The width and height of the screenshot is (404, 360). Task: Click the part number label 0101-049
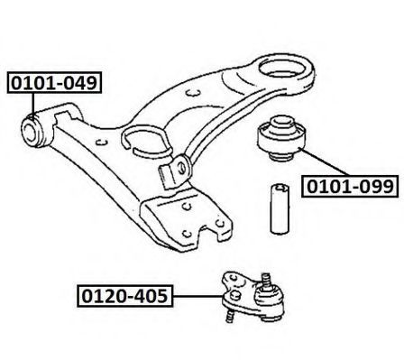point(54,83)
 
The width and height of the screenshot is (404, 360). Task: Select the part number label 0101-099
point(350,186)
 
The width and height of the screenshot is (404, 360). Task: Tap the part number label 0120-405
point(125,296)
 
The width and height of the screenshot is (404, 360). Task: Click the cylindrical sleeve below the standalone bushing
point(280,208)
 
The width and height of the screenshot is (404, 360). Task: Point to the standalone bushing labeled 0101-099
point(281,138)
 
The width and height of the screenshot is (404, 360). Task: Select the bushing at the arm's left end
point(32,132)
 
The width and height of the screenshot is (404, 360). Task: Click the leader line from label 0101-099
point(325,162)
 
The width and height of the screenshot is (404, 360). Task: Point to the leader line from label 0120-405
point(197,296)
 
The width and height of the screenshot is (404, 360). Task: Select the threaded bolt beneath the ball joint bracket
point(230,316)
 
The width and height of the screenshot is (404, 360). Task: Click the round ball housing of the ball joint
point(269,300)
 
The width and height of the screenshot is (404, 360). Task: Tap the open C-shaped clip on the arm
point(147,141)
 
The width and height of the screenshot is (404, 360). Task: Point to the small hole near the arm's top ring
point(193,93)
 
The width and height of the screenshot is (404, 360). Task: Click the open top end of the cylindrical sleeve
point(280,187)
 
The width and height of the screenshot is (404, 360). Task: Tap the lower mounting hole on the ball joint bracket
point(236,295)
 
